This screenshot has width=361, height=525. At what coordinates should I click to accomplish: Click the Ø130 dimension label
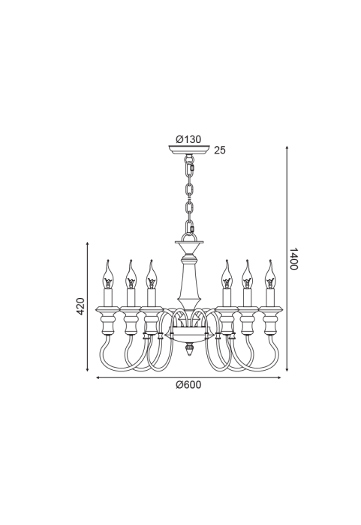[x=188, y=139]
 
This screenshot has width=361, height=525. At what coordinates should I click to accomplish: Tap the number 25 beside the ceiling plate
[x=220, y=151]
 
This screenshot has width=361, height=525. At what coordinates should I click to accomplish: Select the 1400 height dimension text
[x=293, y=259]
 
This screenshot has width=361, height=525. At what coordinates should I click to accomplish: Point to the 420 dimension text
[x=80, y=306]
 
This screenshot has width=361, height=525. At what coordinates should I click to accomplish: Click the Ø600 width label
[x=188, y=385]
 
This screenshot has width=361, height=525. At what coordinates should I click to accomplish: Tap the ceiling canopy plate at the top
[x=189, y=149]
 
